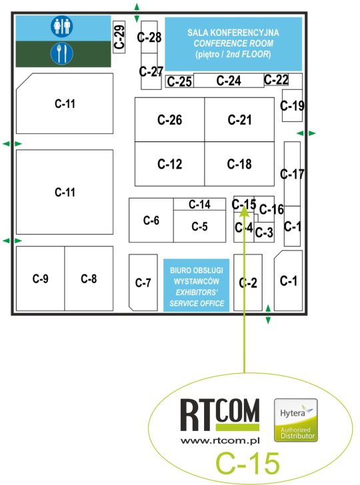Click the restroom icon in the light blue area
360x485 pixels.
click(62, 26)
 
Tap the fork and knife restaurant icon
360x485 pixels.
click(62, 53)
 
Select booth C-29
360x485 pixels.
click(119, 37)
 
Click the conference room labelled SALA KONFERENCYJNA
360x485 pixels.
click(233, 44)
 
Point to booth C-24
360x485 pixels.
click(229, 81)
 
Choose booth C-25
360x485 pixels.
click(179, 81)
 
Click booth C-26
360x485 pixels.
click(169, 120)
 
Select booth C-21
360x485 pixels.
click(239, 120)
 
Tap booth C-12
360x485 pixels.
click(169, 164)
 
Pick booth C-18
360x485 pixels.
click(239, 164)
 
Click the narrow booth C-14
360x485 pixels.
click(199, 204)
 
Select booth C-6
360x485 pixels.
click(151, 221)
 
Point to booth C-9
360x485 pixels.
click(40, 278)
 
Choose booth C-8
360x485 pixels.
click(89, 278)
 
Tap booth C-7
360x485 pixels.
click(143, 282)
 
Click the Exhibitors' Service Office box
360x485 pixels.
click(196, 285)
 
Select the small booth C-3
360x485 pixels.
click(264, 232)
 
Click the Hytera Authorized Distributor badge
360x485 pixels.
click(296, 420)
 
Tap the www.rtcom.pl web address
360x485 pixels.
click(220, 440)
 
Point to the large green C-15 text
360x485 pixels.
click(247, 463)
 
